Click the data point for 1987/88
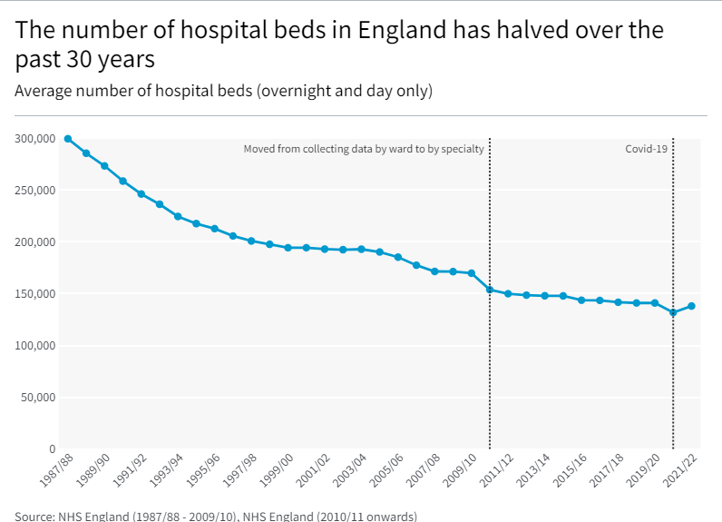point(68,139)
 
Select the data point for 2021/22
point(691,306)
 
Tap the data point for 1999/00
point(288,248)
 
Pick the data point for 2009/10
point(471,273)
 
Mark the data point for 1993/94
point(178,217)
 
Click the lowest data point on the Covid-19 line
point(673,312)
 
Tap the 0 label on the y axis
point(52,449)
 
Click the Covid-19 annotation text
point(647,149)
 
